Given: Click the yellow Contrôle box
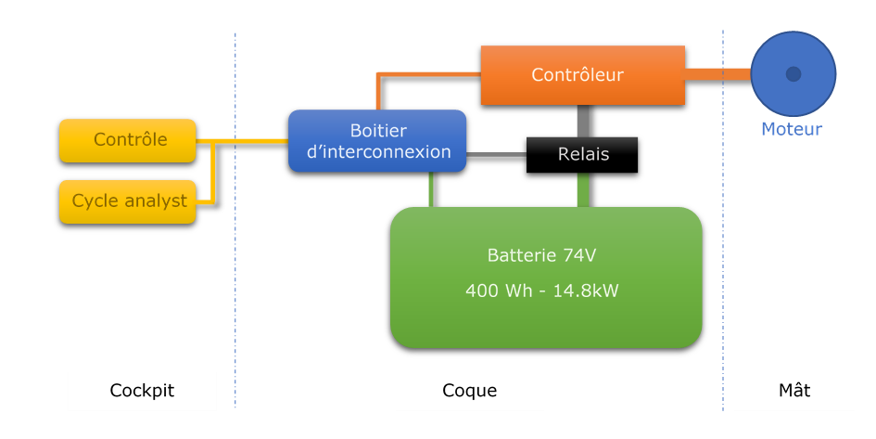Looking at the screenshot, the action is [x=127, y=140].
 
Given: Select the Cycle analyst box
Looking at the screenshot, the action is [x=127, y=201].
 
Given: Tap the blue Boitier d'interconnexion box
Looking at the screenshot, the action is [x=377, y=141].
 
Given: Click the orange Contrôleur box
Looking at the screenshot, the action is [x=583, y=75].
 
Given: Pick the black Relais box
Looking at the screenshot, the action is [x=582, y=155].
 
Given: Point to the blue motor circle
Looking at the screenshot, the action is [x=793, y=74].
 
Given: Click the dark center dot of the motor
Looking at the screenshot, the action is [x=793, y=74].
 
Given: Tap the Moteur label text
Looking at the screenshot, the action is [x=792, y=129].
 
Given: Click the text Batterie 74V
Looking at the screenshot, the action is [x=541, y=255].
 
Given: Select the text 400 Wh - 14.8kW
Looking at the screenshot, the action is [x=542, y=291].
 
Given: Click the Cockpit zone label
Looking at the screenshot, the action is [x=142, y=391].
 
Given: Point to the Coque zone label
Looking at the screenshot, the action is [x=469, y=391].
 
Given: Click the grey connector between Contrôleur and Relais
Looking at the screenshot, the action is [x=583, y=122].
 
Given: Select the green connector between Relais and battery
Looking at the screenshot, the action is [x=583, y=189].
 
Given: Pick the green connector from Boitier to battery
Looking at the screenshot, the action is [x=431, y=189].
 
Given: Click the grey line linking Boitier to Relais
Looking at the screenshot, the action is [x=497, y=154].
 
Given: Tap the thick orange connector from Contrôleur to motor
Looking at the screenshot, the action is [x=717, y=74].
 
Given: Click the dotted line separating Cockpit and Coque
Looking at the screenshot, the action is [x=235, y=220].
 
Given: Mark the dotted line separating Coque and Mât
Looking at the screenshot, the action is [x=723, y=220].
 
